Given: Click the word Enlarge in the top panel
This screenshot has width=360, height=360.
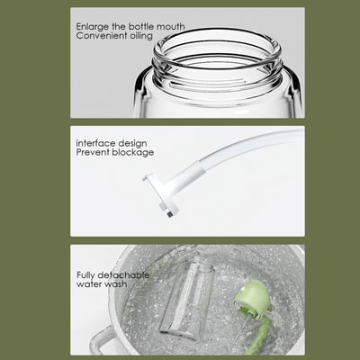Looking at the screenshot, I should click(92, 27).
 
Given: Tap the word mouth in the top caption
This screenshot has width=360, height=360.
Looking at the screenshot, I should click(168, 27).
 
